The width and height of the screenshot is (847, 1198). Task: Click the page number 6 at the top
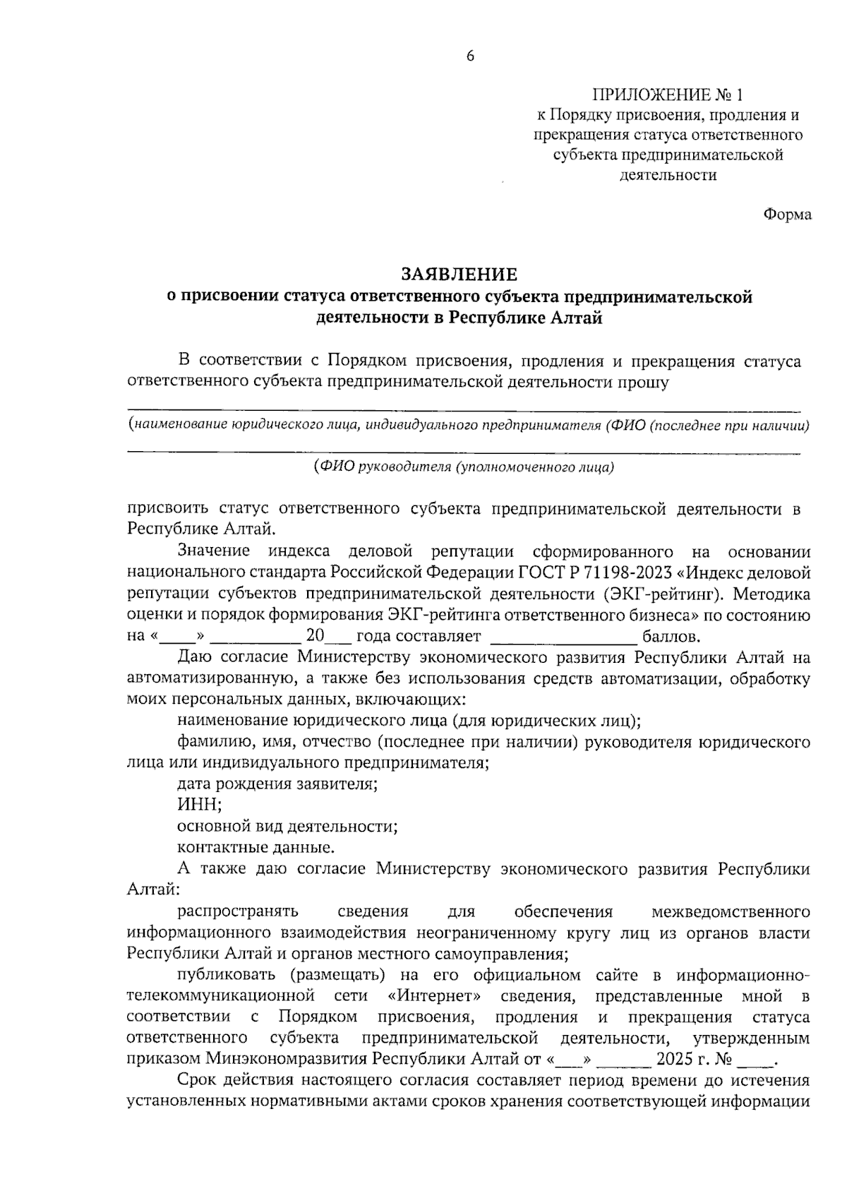coord(470,57)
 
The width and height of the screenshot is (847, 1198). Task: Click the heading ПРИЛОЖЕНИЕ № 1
coord(668,95)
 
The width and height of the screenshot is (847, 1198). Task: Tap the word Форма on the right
coord(787,215)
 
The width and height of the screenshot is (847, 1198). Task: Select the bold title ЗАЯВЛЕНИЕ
coord(459,274)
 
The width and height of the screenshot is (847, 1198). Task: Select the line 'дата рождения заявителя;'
coord(277,784)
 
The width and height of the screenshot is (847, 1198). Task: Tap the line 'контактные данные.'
coord(256,847)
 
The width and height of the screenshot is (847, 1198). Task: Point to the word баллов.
coord(671,636)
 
